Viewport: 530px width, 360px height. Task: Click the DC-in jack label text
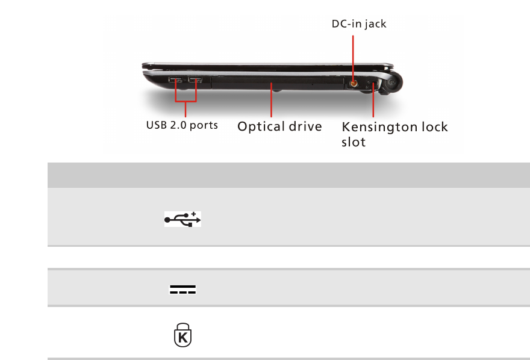click(x=359, y=24)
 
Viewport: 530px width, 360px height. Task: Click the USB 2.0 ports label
click(x=182, y=126)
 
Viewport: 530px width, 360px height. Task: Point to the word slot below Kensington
click(x=354, y=143)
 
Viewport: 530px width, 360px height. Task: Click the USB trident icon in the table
click(x=182, y=219)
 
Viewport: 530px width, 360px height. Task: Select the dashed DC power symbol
click(x=182, y=290)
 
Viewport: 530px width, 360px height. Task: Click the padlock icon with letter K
click(x=182, y=335)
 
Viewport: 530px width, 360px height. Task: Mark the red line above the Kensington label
click(x=373, y=102)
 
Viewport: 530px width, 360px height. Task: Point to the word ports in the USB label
click(x=203, y=126)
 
